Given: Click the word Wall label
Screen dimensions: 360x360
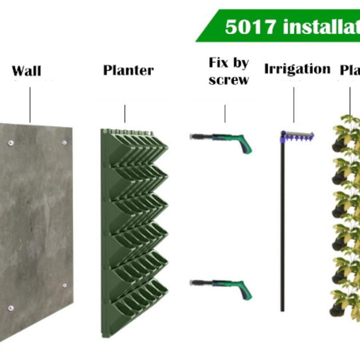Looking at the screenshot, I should pyautogui.click(x=26, y=71).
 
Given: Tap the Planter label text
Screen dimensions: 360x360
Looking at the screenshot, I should pyautogui.click(x=129, y=70).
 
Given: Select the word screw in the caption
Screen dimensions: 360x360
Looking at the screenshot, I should pyautogui.click(x=229, y=80).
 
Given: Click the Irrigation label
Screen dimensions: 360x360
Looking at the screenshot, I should pyautogui.click(x=297, y=69).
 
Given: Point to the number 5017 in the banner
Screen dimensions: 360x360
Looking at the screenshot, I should pyautogui.click(x=250, y=27).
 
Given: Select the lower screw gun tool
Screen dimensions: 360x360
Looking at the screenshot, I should pyautogui.click(x=222, y=285).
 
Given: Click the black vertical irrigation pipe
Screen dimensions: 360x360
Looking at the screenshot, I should pyautogui.click(x=282, y=222).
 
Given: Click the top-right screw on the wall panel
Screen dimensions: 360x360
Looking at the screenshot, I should pyautogui.click(x=64, y=143).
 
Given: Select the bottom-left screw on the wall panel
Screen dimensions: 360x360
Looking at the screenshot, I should pyautogui.click(x=11, y=308).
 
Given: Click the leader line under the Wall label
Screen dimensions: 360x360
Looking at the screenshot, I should pyautogui.click(x=30, y=105).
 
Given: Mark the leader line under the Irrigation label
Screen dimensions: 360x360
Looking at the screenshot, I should pyautogui.click(x=293, y=105).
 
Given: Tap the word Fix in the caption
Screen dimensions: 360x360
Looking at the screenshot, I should pyautogui.click(x=219, y=63).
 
